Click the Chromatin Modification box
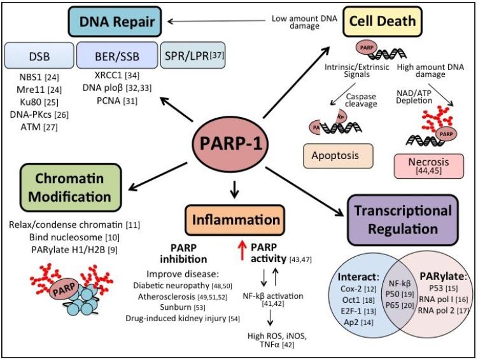(60, 186)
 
